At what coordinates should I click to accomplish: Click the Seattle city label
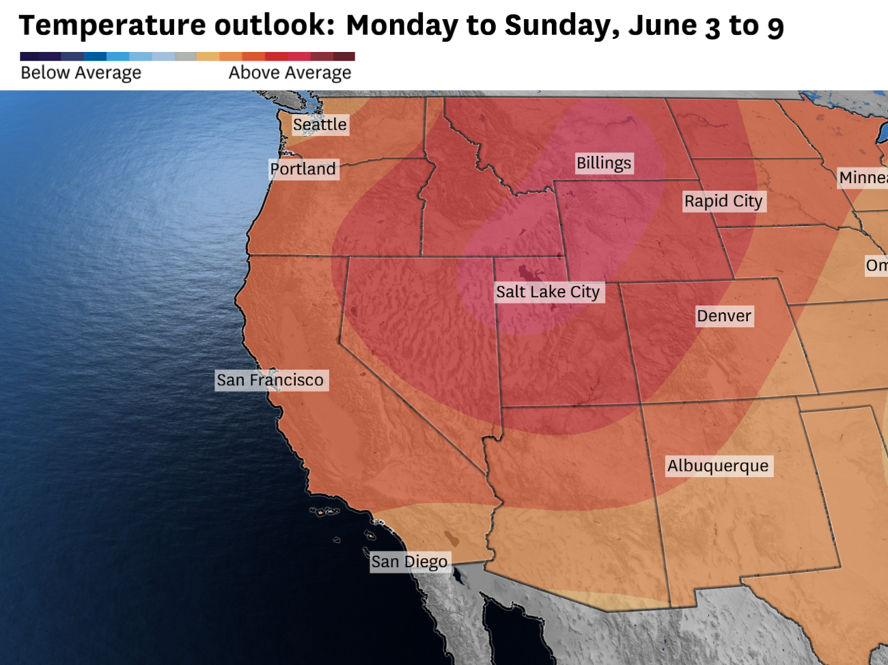[x=320, y=124]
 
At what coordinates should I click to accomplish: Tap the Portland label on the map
[x=303, y=169]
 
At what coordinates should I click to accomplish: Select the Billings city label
[x=604, y=163]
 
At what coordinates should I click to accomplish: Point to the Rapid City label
[x=723, y=201]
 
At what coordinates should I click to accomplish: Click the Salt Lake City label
[x=548, y=292]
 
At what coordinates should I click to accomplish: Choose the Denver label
[x=724, y=316]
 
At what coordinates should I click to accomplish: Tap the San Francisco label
[x=270, y=380]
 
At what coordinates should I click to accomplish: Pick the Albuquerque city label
[x=718, y=466]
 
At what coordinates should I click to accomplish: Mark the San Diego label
[x=409, y=562]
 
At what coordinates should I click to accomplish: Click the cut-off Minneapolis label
[x=863, y=178]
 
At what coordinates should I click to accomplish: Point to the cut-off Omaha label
[x=876, y=265]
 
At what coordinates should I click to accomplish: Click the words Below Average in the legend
[x=81, y=72]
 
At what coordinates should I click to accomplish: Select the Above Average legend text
[x=290, y=72]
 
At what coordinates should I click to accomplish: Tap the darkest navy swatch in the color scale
[x=31, y=57]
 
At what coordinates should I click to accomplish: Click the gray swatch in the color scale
[x=185, y=57]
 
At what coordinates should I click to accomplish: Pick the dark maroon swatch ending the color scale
[x=344, y=57]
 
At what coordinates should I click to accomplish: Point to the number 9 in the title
[x=775, y=27]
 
